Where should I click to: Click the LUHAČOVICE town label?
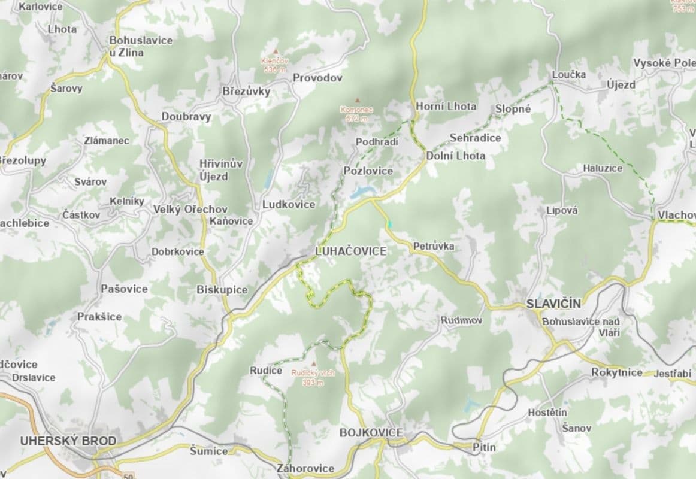click(x=350, y=251)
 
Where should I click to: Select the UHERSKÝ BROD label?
click(x=68, y=441)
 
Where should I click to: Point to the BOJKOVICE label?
click(x=371, y=432)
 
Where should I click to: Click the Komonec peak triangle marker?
click(x=358, y=101)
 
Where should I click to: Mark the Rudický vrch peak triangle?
click(x=312, y=363)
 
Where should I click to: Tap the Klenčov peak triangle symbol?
click(x=276, y=51)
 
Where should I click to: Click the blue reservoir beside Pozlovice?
click(x=364, y=192)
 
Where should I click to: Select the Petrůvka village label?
click(x=434, y=246)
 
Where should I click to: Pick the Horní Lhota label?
click(x=446, y=107)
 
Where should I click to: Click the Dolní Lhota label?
click(x=456, y=156)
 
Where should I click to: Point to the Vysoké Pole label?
click(x=664, y=63)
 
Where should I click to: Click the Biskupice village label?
click(x=222, y=290)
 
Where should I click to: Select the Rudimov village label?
click(x=461, y=320)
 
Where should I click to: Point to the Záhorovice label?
click(x=305, y=468)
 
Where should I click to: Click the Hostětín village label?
click(x=547, y=413)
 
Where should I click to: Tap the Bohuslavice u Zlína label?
click(x=141, y=46)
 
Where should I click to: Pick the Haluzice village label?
click(x=603, y=169)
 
